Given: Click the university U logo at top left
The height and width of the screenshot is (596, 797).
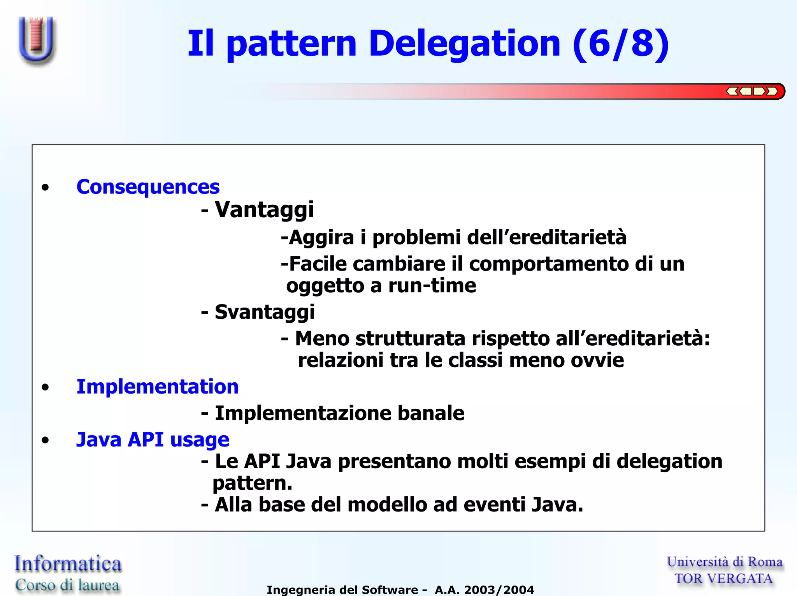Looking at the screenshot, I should [37, 40].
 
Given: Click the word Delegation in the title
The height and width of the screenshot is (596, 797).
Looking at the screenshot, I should [464, 44].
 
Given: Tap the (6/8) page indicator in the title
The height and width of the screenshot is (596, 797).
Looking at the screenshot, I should [621, 44].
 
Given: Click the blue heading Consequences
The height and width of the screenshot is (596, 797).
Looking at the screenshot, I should [148, 187].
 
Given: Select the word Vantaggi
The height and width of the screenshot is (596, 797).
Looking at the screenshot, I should [264, 210].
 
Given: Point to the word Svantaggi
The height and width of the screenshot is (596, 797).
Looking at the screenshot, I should [265, 312].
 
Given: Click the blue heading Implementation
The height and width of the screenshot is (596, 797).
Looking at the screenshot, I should [157, 387].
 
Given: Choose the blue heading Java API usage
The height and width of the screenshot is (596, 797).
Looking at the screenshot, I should [153, 440].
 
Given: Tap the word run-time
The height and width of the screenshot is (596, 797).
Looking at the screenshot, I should [432, 286].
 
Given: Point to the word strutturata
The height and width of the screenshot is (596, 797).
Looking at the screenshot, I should [410, 338].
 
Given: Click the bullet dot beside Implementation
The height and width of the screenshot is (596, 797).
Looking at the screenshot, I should [46, 387].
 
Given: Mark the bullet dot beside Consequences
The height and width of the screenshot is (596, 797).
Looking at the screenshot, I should [46, 188].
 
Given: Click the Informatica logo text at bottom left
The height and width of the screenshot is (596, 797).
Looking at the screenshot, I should [68, 564].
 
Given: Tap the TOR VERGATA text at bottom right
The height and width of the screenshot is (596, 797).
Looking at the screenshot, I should [723, 578].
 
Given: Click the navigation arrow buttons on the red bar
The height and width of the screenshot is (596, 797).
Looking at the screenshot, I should [752, 91].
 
